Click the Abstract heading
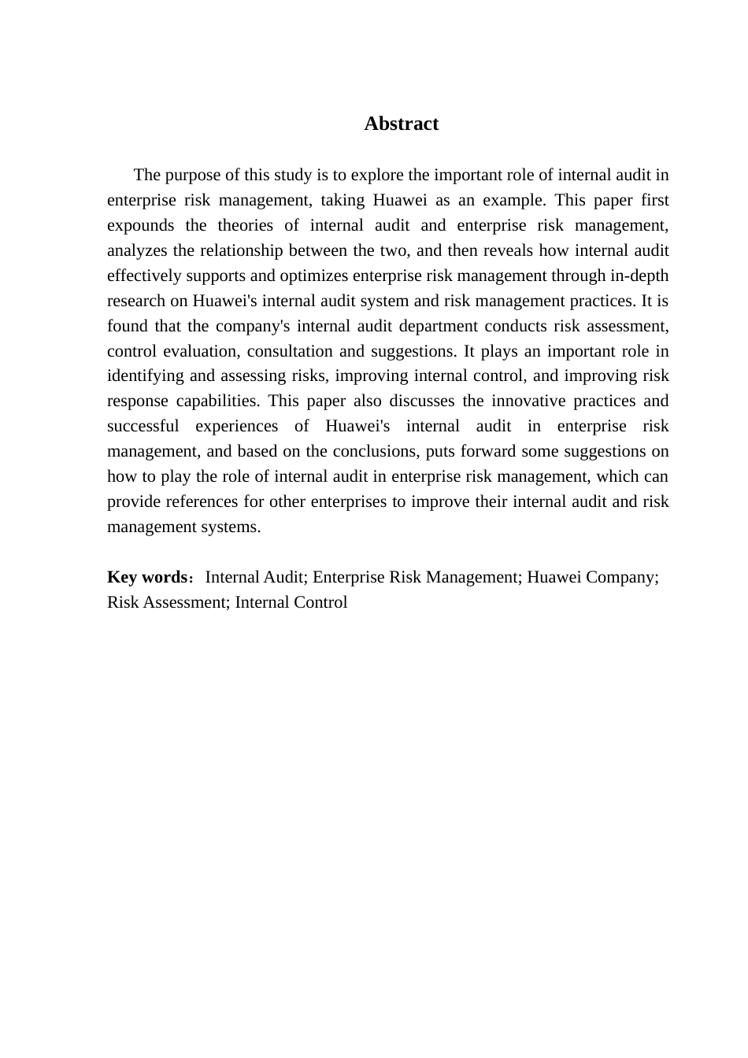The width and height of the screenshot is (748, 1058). pos(401,124)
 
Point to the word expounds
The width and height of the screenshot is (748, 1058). pos(140,225)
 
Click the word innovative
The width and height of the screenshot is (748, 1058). pos(527,401)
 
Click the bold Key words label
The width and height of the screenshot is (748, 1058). pos(147,577)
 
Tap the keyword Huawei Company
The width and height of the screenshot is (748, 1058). pos(591,577)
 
